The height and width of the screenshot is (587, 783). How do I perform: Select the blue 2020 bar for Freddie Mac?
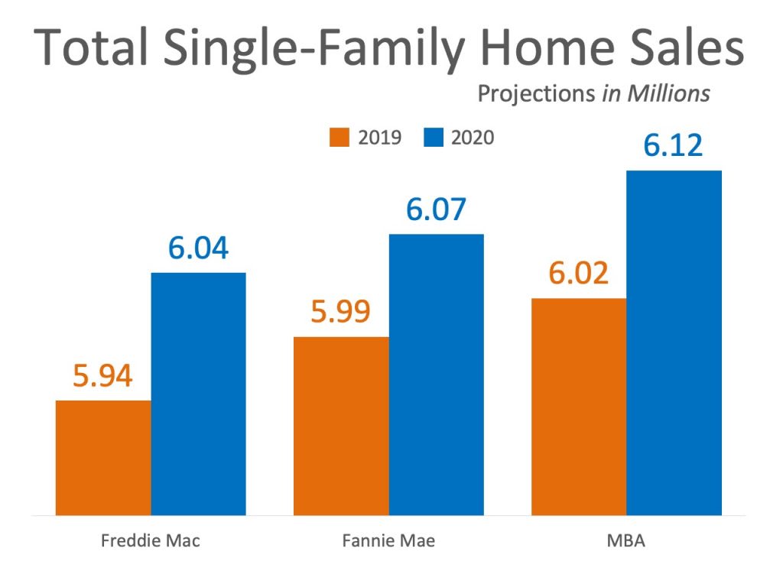[x=198, y=394]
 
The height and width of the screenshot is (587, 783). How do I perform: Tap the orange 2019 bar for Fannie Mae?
[x=341, y=426]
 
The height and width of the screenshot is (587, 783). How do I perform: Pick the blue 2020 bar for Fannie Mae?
[x=436, y=375]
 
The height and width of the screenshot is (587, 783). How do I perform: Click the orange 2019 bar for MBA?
[x=578, y=407]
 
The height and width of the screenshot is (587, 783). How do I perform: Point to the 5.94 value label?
[x=103, y=375]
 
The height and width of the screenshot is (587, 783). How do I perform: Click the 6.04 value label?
[x=198, y=248]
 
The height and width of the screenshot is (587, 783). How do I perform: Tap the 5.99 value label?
[x=340, y=311]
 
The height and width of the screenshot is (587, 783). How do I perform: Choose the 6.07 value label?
[x=436, y=209]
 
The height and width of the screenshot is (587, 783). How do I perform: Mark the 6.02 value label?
[x=578, y=273]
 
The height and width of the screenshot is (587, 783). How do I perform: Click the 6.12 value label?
[x=673, y=145]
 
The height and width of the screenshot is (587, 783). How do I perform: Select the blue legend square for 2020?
[x=434, y=138]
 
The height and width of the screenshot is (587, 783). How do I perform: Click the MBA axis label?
[x=625, y=541]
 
